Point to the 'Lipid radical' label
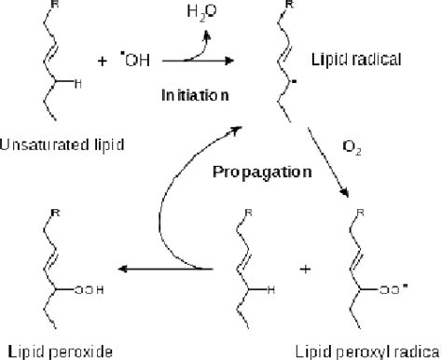tap(365, 59)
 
